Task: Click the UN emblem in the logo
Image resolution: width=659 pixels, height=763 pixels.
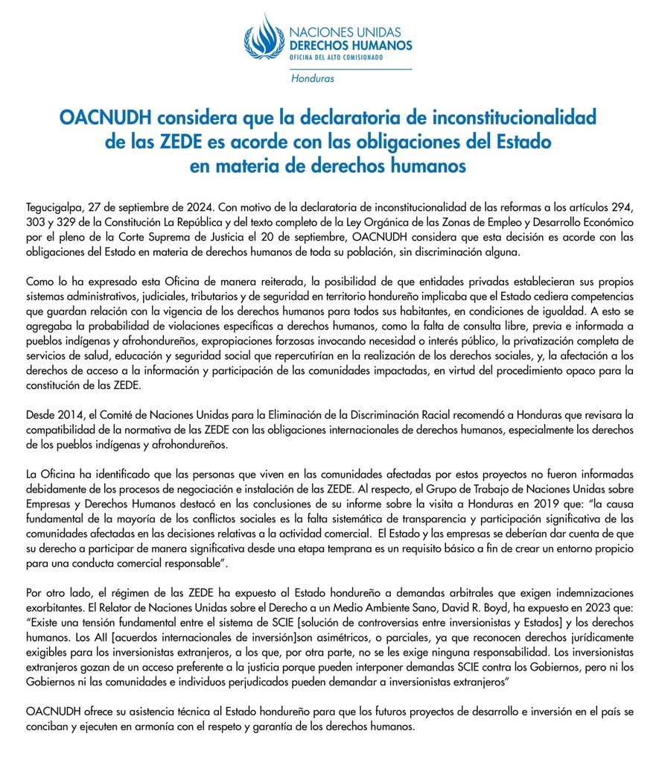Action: (x=264, y=37)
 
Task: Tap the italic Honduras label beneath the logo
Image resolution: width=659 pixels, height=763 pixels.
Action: (x=313, y=78)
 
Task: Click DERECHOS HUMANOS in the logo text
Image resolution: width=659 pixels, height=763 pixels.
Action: (x=350, y=45)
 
